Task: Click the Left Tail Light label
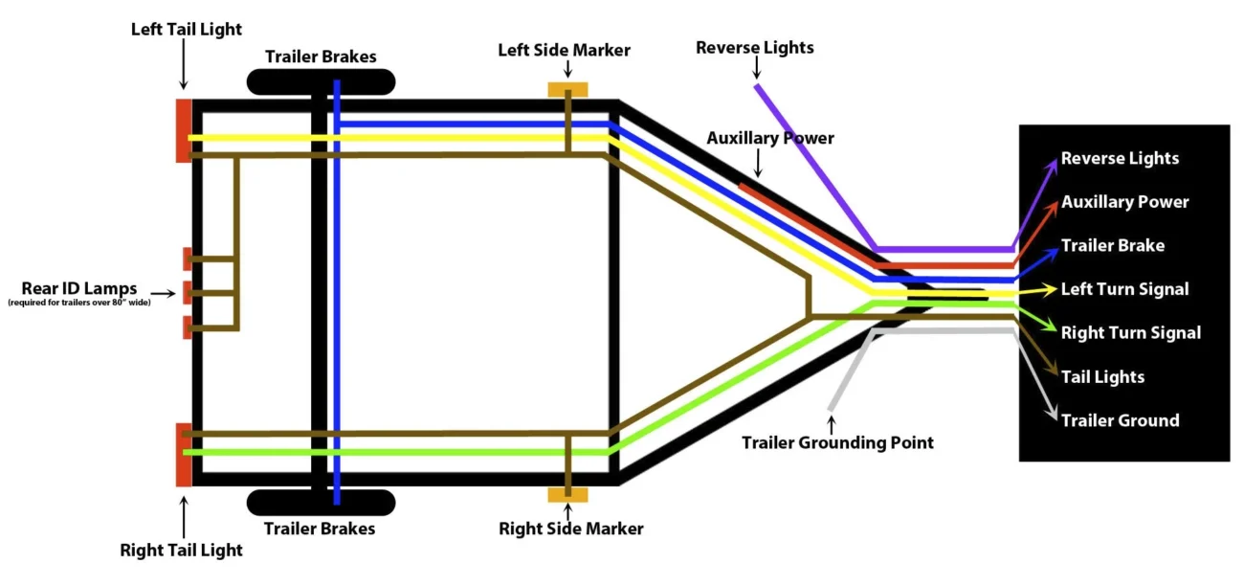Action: pyautogui.click(x=187, y=30)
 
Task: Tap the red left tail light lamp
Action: pyautogui.click(x=184, y=130)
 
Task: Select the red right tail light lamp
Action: pyautogui.click(x=184, y=454)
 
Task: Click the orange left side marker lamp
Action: pyautogui.click(x=567, y=90)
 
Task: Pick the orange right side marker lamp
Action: pyautogui.click(x=567, y=494)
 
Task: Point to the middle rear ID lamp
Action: pyautogui.click(x=188, y=292)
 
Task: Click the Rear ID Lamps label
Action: pyautogui.click(x=79, y=288)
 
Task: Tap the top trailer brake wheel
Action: pyautogui.click(x=321, y=81)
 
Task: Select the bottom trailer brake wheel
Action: pyautogui.click(x=321, y=503)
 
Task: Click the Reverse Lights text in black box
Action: pyautogui.click(x=1120, y=159)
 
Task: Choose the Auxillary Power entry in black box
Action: pyautogui.click(x=1124, y=202)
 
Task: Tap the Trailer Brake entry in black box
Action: pyautogui.click(x=1112, y=246)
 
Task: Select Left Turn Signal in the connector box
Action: pyautogui.click(x=1124, y=289)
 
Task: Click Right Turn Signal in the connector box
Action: pyautogui.click(x=1130, y=333)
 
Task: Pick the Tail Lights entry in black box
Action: pyautogui.click(x=1102, y=377)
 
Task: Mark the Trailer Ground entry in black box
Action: pyautogui.click(x=1120, y=420)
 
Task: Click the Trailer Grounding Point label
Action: pyautogui.click(x=837, y=442)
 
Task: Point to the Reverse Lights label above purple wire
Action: pyautogui.click(x=754, y=48)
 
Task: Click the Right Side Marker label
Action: pyautogui.click(x=570, y=529)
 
